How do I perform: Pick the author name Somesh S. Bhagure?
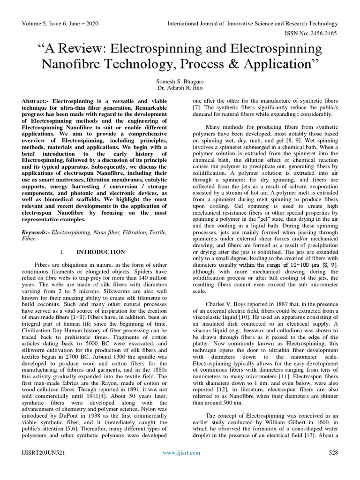180,82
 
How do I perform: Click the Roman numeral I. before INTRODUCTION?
62,252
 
